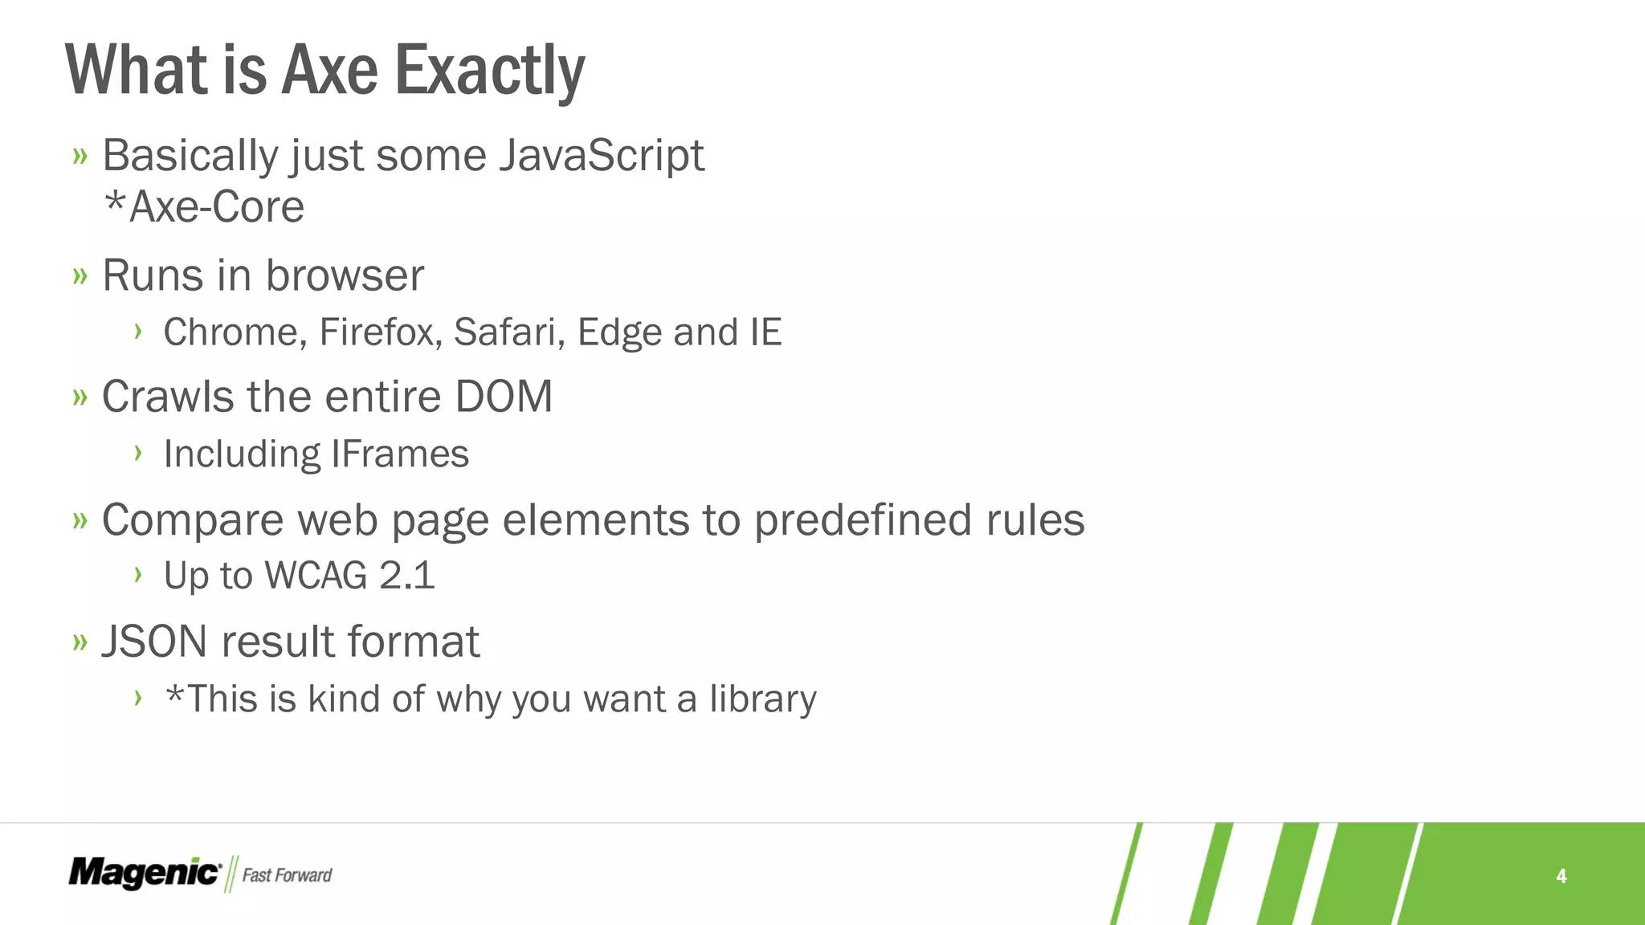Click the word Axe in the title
pyautogui.click(x=330, y=71)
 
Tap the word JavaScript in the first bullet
pyautogui.click(x=602, y=155)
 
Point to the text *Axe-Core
pyautogui.click(x=205, y=207)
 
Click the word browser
pyautogui.click(x=345, y=276)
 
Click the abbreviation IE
pyautogui.click(x=765, y=332)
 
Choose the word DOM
pyautogui.click(x=504, y=397)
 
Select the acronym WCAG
pyautogui.click(x=316, y=576)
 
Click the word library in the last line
pyautogui.click(x=762, y=699)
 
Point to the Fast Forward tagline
pyautogui.click(x=287, y=875)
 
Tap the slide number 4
pyautogui.click(x=1561, y=876)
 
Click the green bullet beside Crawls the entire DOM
pyautogui.click(x=80, y=397)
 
